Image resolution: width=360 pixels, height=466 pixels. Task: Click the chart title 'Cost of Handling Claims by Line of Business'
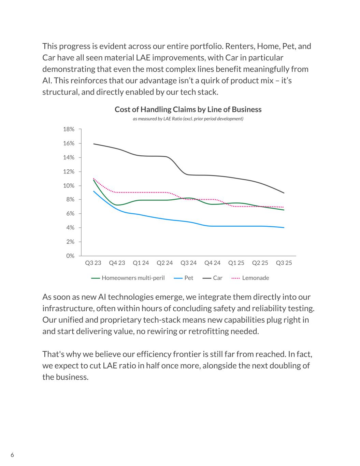(x=188, y=110)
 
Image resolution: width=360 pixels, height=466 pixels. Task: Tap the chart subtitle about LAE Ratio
(x=188, y=119)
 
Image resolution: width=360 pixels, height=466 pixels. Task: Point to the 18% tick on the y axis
(x=69, y=129)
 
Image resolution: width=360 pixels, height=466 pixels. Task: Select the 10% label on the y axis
(x=69, y=186)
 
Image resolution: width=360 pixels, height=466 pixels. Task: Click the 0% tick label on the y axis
(x=70, y=256)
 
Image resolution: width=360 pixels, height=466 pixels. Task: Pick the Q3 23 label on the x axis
(x=93, y=263)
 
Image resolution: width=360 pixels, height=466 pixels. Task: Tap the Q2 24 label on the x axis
(x=164, y=263)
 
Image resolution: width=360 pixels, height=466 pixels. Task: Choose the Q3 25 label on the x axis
(x=284, y=263)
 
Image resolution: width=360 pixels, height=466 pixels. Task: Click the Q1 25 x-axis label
(x=236, y=263)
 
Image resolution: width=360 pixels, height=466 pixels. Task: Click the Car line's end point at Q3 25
(x=284, y=193)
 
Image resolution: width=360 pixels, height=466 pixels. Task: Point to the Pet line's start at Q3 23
(x=93, y=191)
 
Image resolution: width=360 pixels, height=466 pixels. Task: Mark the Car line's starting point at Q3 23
(x=93, y=144)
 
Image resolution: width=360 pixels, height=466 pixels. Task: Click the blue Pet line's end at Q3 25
(x=284, y=227)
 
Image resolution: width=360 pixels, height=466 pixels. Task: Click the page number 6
(x=12, y=455)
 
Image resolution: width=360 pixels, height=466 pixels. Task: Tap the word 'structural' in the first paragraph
(x=58, y=92)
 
